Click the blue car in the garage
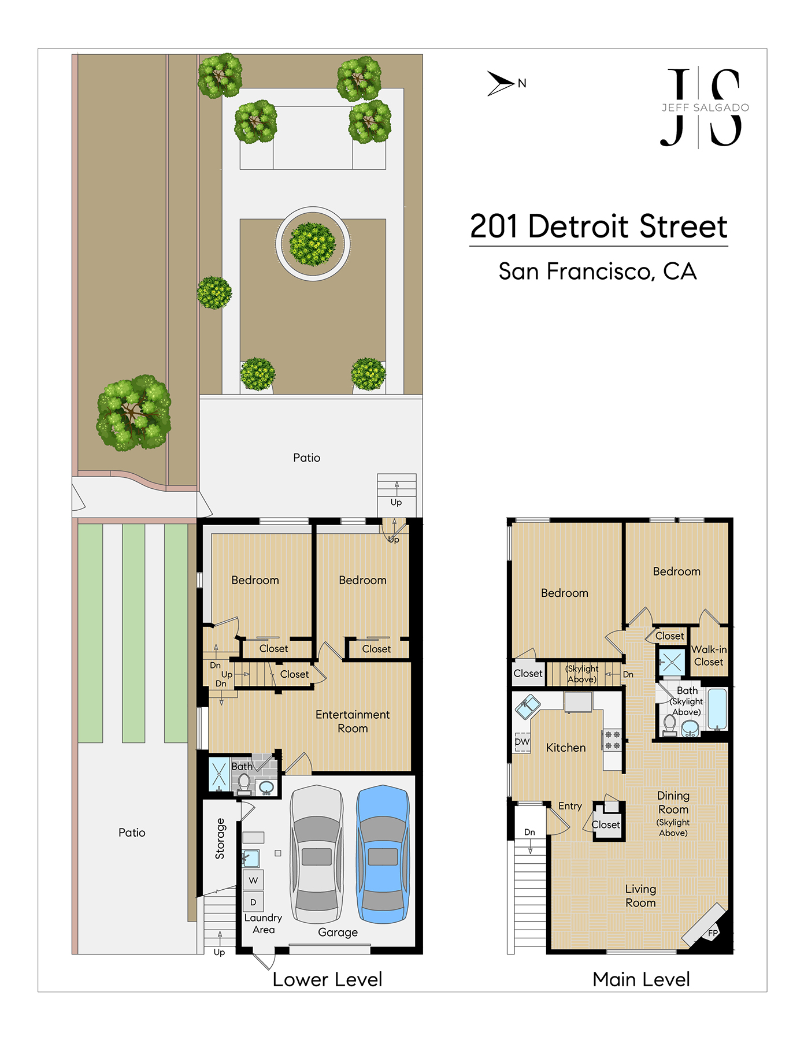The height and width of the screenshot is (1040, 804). point(383,854)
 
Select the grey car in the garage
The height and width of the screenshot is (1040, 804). point(316,854)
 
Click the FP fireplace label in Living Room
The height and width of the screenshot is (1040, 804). point(713,933)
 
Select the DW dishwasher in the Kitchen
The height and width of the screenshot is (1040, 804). point(522,742)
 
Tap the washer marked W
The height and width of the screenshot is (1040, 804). point(253,881)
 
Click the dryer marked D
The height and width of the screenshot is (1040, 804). point(253,902)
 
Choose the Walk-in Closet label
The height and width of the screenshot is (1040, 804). point(709,656)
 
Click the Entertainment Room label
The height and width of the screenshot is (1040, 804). point(353,722)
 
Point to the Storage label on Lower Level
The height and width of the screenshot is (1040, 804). point(220,838)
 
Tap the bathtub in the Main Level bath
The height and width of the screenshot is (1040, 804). point(717,709)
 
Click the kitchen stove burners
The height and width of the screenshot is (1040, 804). point(613,740)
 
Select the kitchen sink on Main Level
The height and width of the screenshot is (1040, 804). point(527,707)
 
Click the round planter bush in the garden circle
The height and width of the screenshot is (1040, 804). point(313,244)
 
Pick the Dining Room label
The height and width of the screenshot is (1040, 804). point(673,803)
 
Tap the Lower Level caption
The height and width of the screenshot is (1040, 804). point(327,979)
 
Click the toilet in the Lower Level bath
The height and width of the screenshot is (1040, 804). point(244,783)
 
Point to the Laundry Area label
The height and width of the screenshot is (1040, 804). point(263,923)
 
